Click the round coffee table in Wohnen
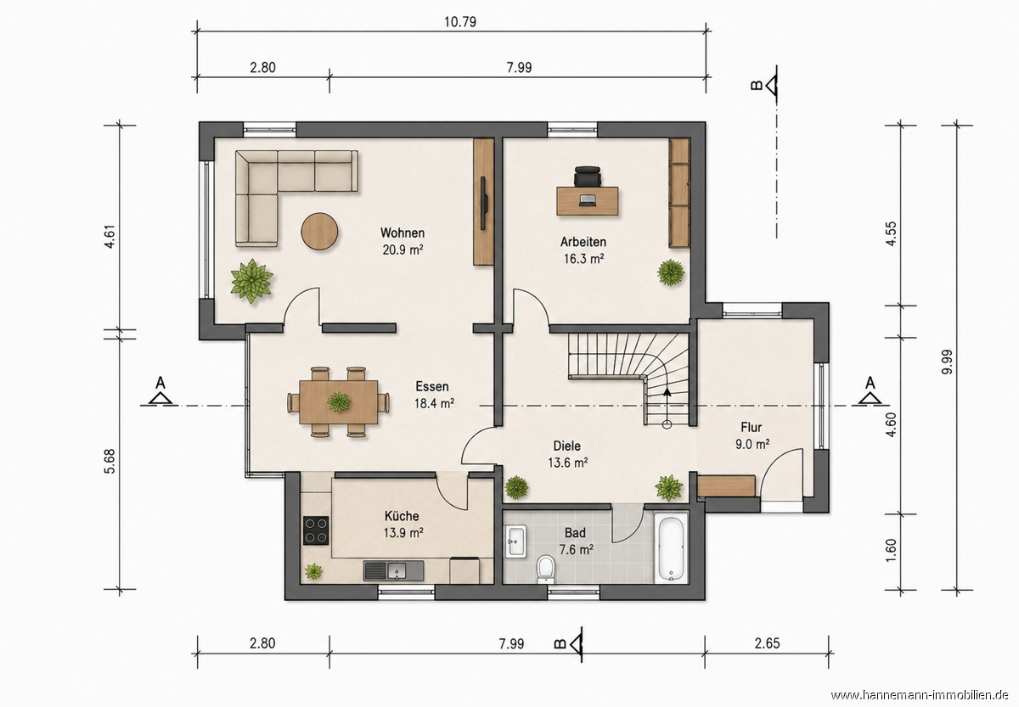point(319,232)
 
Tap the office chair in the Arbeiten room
point(588,176)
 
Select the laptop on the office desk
point(588,200)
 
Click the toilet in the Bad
point(545,569)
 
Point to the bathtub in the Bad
point(672,548)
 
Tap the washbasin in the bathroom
point(515,541)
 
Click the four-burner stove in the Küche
point(316,530)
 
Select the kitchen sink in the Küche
point(393,570)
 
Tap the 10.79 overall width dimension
point(460,22)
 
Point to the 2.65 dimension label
point(767,643)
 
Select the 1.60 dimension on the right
point(891,551)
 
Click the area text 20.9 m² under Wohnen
point(403,250)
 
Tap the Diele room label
point(567,446)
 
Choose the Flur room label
point(751,427)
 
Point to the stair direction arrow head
point(667,393)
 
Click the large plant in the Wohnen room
point(251,280)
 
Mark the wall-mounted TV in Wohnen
point(484,202)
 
